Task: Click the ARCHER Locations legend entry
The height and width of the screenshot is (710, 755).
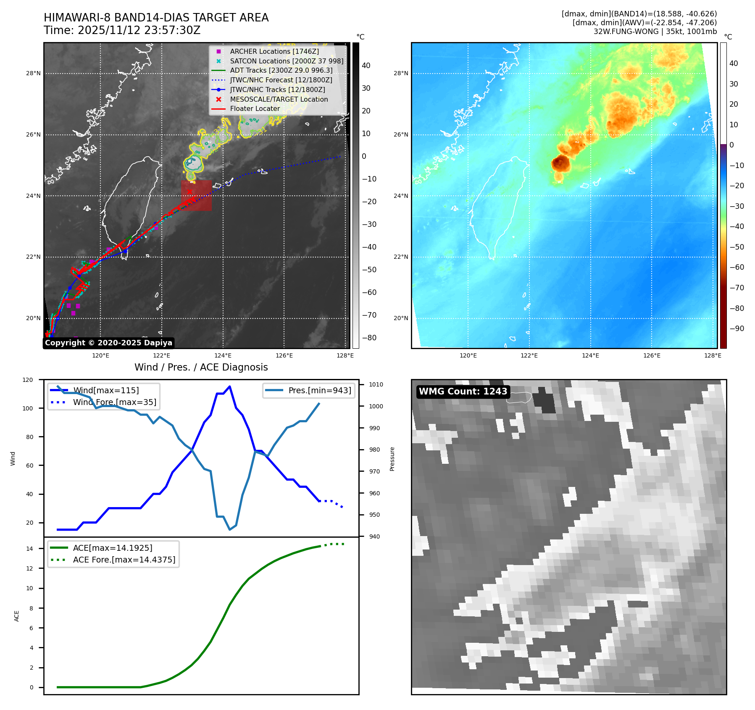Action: tap(274, 51)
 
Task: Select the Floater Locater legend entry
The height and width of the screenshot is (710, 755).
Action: tap(255, 108)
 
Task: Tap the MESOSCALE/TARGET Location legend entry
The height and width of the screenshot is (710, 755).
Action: tap(279, 99)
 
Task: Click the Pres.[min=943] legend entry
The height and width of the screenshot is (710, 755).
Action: tap(319, 390)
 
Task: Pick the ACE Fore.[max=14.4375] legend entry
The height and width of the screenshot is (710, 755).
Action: tap(124, 560)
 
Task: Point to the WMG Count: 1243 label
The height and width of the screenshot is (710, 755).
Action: tap(463, 392)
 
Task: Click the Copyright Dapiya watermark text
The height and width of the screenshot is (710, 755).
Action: tap(108, 343)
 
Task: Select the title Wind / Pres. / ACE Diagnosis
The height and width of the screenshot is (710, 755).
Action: tap(201, 367)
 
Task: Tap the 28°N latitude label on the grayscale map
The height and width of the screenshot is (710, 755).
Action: tap(33, 74)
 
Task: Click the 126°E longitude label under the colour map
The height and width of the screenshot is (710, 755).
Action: tap(652, 355)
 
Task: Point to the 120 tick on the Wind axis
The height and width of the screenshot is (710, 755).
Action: tap(28, 380)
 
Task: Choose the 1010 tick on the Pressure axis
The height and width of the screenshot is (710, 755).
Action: tap(376, 384)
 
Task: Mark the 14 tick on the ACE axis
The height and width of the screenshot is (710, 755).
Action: tap(30, 548)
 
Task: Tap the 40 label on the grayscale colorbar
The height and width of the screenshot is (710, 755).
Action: tap(366, 66)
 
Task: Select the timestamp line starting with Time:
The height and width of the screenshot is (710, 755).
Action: tap(122, 30)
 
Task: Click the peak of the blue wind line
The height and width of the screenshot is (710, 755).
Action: tap(229, 386)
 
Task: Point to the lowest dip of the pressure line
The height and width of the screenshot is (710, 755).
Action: tap(230, 529)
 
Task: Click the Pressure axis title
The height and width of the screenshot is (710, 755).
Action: tap(392, 459)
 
